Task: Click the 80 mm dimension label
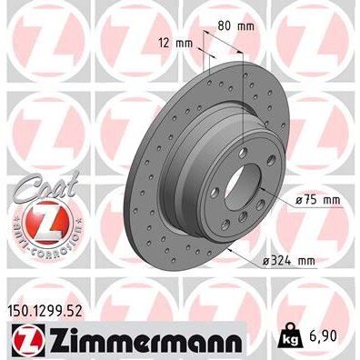tap(235, 26)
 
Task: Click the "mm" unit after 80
tap(245, 26)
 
